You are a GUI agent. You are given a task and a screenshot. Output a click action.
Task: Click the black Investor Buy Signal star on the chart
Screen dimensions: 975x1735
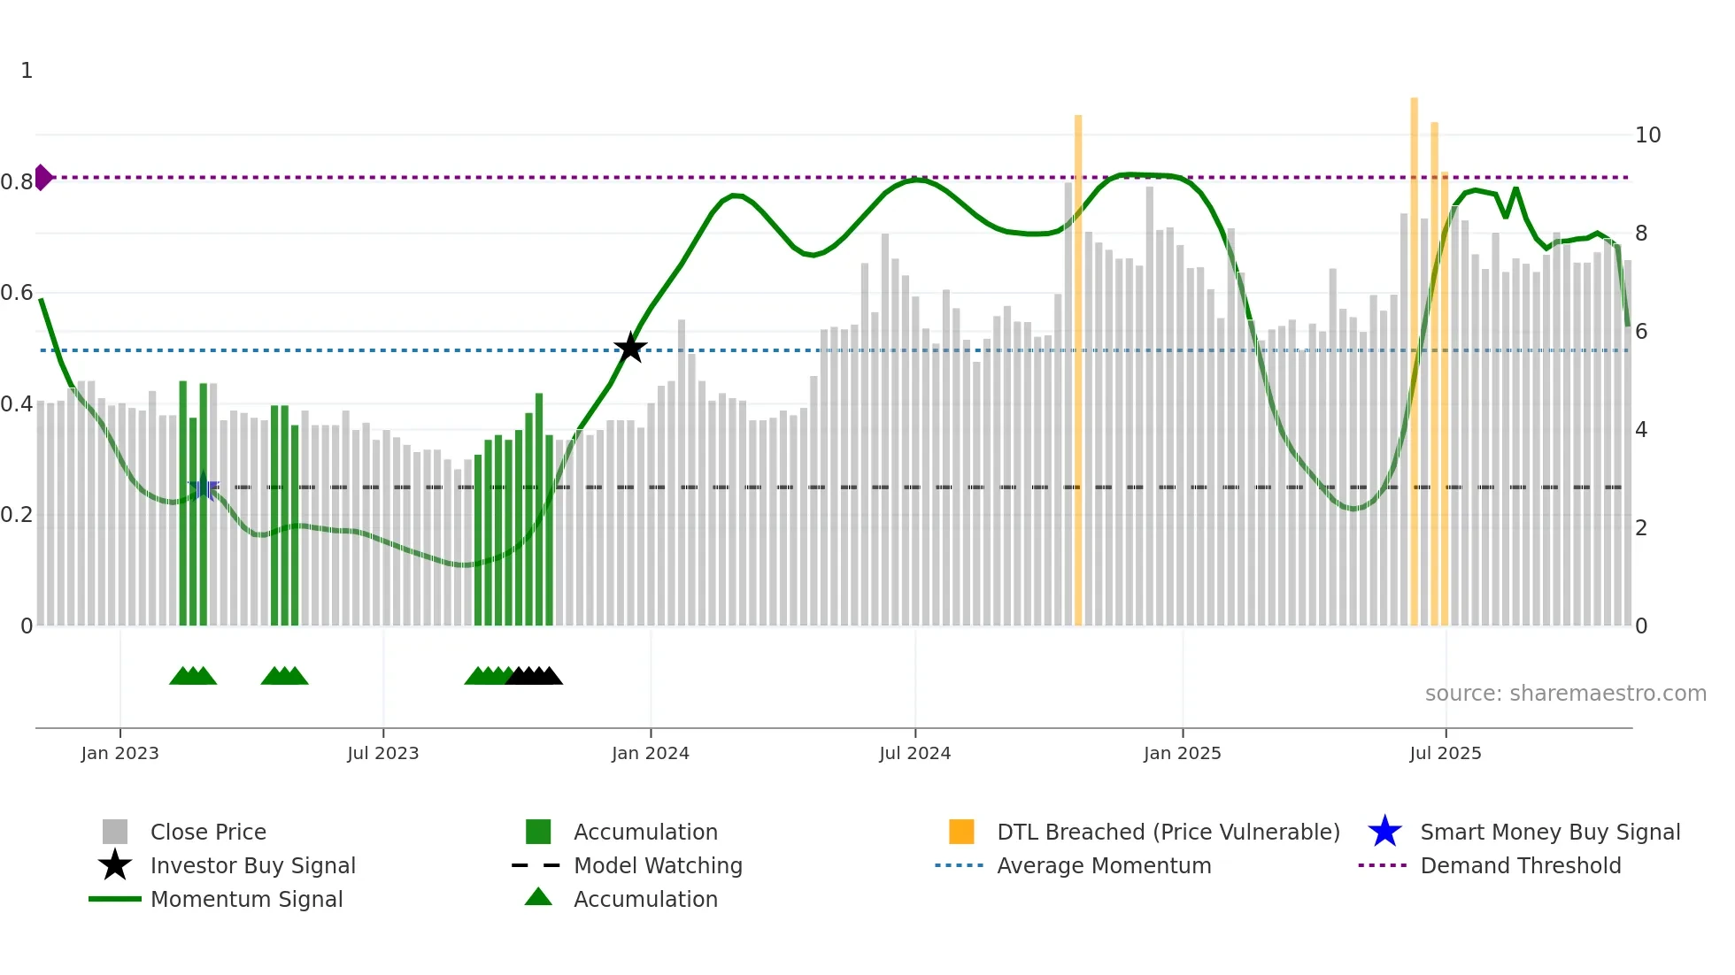pyautogui.click(x=630, y=349)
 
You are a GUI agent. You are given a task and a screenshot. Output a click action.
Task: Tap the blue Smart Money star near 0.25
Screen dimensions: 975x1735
pyautogui.click(x=204, y=486)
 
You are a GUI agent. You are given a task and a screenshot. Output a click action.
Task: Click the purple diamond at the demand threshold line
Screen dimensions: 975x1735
pyautogui.click(x=42, y=177)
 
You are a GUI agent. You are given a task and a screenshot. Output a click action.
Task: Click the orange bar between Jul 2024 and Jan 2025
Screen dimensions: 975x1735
pyautogui.click(x=1078, y=372)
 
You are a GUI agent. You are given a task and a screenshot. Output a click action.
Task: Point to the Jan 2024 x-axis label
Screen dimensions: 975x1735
pyautogui.click(x=650, y=753)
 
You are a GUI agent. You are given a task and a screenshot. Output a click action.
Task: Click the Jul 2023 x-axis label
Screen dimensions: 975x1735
pyautogui.click(x=382, y=753)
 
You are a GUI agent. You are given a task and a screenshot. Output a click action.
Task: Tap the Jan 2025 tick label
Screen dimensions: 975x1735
pyautogui.click(x=1182, y=753)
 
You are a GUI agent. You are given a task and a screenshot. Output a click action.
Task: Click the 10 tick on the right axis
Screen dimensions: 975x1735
pyautogui.click(x=1647, y=135)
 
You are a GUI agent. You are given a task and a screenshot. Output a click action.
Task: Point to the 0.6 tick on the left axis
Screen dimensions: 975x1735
pyautogui.click(x=17, y=293)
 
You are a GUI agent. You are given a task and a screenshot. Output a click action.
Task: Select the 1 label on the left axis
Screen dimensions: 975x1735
pyautogui.click(x=27, y=71)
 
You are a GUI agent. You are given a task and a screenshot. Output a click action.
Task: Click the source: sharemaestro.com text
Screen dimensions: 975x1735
pyautogui.click(x=1565, y=694)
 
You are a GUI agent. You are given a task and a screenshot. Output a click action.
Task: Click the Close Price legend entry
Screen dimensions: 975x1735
pyautogui.click(x=208, y=832)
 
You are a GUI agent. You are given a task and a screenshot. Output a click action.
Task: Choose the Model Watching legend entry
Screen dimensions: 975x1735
pyautogui.click(x=658, y=865)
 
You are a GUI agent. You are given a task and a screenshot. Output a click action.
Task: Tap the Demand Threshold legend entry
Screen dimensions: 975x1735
pyautogui.click(x=1520, y=865)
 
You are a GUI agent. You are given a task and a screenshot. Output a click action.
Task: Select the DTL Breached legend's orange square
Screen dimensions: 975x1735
pyautogui.click(x=961, y=832)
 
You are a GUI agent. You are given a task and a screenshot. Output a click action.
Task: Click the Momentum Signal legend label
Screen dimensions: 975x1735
pyautogui.click(x=246, y=899)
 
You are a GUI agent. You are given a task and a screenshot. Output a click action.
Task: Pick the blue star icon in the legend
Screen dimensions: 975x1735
pyautogui.click(x=1384, y=832)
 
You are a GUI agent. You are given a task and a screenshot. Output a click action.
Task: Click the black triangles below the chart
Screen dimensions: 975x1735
pyautogui.click(x=534, y=676)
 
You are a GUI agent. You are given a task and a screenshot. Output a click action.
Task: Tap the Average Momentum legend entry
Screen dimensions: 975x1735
pyautogui.click(x=1103, y=865)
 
